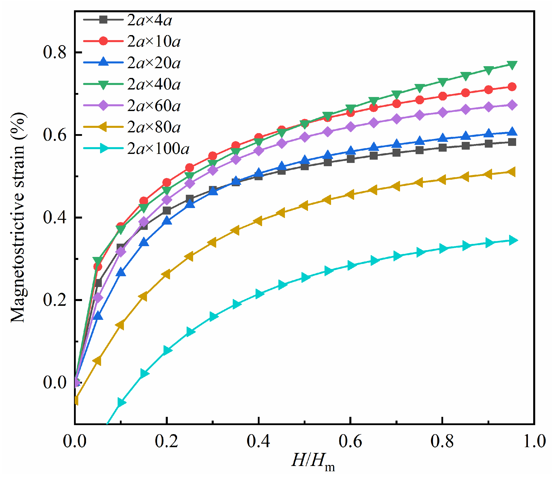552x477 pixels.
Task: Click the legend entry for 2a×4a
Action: [x=149, y=20]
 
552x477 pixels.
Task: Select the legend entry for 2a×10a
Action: [x=154, y=42]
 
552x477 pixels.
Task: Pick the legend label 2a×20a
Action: [x=154, y=63]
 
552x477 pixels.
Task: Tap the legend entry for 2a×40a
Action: [x=154, y=84]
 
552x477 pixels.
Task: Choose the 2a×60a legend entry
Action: [x=154, y=106]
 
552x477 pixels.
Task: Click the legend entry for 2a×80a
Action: [x=154, y=127]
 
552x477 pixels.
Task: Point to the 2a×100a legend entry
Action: [x=158, y=149]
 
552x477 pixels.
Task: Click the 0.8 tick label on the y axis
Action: [x=55, y=52]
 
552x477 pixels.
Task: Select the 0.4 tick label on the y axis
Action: [x=55, y=218]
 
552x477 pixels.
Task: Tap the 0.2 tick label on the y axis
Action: [x=55, y=300]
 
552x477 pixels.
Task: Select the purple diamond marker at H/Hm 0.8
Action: [x=442, y=113]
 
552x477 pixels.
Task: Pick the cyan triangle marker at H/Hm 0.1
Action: [x=121, y=402]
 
